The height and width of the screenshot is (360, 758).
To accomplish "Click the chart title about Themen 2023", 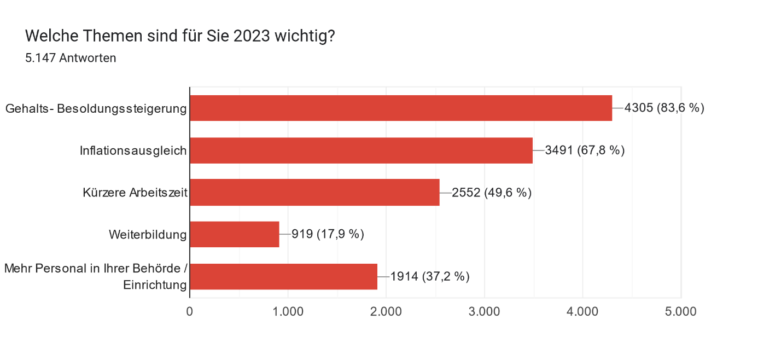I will [x=180, y=37].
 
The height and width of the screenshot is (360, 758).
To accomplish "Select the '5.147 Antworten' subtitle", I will [x=71, y=58].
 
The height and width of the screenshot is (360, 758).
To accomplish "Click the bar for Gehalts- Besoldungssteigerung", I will [x=400, y=108].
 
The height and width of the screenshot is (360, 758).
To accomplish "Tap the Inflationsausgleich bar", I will [x=361, y=150].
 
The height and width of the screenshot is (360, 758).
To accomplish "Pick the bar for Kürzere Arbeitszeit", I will [x=314, y=193].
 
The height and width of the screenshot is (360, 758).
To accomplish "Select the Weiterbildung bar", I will [x=235, y=234].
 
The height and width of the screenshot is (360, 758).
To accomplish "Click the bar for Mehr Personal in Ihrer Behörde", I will [x=283, y=276].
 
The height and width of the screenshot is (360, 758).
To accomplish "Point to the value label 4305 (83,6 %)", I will [x=664, y=108].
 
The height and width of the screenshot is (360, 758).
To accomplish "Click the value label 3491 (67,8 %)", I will [x=585, y=150].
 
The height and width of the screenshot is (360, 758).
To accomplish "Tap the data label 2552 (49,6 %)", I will [x=492, y=193].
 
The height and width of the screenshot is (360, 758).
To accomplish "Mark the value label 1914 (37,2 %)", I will [x=430, y=276].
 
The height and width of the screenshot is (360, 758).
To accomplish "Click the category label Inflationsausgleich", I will [x=133, y=150].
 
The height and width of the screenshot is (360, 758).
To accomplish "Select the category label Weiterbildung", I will [x=148, y=235].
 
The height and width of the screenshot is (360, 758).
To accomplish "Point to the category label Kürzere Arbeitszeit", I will [x=135, y=193].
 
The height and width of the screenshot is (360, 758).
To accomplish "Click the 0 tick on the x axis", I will [x=190, y=311].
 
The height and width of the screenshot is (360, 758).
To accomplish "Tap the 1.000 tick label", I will [x=288, y=311].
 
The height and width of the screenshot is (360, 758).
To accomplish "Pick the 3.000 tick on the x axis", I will [x=485, y=311].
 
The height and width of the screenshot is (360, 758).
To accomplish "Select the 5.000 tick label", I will [x=681, y=311].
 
